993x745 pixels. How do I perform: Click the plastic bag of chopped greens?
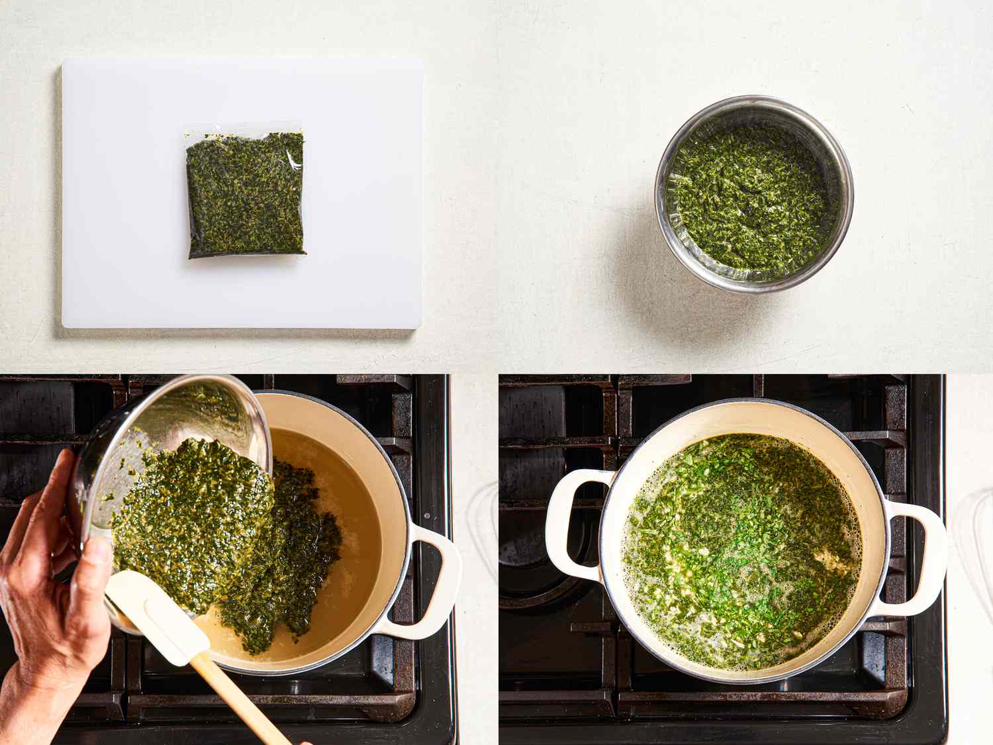coord(246,195)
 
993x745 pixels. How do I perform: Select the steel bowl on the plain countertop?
coord(754,194)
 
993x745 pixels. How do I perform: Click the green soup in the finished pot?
coord(741,550)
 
